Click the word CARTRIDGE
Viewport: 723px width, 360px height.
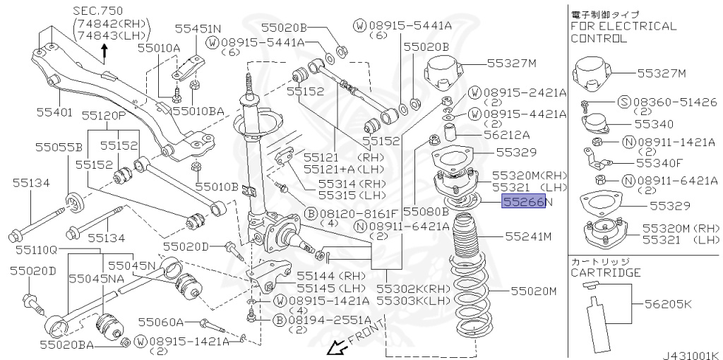pyautogui.click(x=606, y=272)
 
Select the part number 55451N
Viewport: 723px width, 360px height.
pyautogui.click(x=198, y=29)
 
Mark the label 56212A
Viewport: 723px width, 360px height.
pyautogui.click(x=506, y=134)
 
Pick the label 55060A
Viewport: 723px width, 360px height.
pyautogui.click(x=160, y=322)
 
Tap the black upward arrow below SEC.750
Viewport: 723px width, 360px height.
pyautogui.click(x=105, y=49)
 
